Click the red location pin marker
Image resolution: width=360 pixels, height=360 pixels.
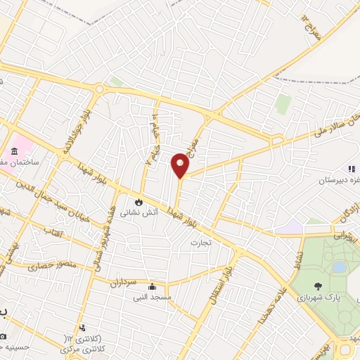(180, 165)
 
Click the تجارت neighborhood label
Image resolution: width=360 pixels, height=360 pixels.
(201, 243)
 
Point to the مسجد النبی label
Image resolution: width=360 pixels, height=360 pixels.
(161, 297)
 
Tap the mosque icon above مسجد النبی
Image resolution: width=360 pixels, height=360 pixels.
(153, 287)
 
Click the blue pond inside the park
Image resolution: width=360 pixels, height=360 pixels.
(339, 267)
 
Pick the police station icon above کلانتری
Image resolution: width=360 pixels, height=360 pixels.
(83, 328)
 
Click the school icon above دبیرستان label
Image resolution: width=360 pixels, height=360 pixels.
(350, 169)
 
